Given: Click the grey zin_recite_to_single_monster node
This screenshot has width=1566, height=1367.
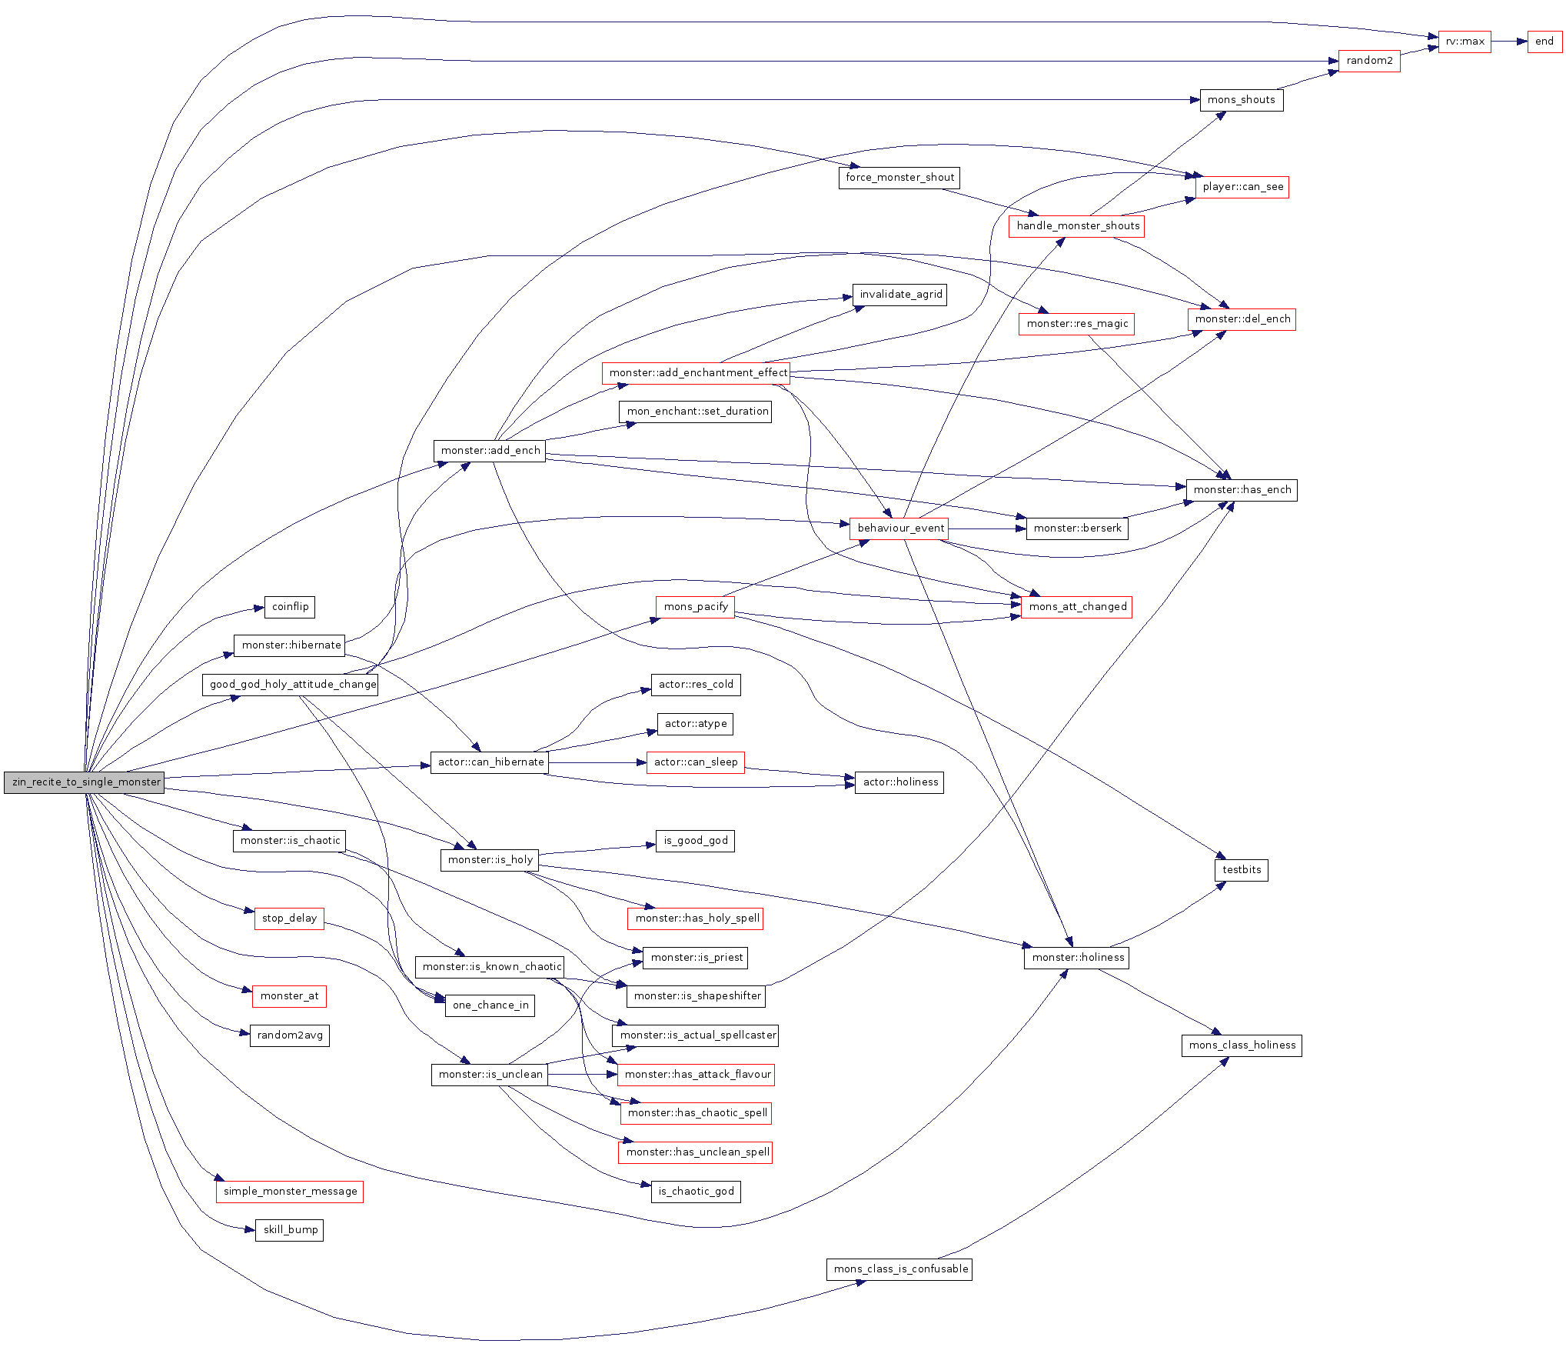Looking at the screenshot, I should pyautogui.click(x=84, y=782).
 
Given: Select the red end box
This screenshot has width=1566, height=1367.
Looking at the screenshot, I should pyautogui.click(x=1544, y=42).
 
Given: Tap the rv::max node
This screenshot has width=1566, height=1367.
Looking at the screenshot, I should pyautogui.click(x=1465, y=42).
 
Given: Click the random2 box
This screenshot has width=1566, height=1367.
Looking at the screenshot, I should pyautogui.click(x=1369, y=61).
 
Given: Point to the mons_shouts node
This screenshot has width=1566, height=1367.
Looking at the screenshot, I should pyautogui.click(x=1241, y=100).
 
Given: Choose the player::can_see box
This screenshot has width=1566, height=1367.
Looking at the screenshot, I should pyautogui.click(x=1242, y=187).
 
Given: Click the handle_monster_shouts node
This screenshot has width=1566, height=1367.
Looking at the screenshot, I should pyautogui.click(x=1076, y=226).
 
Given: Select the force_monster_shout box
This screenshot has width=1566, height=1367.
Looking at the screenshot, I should pyautogui.click(x=899, y=178).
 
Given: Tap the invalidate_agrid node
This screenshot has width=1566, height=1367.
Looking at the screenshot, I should pyautogui.click(x=899, y=295).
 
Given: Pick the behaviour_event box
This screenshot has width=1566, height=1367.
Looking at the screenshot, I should pyautogui.click(x=899, y=528).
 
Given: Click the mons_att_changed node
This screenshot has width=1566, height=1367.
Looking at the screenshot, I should pyautogui.click(x=1076, y=607).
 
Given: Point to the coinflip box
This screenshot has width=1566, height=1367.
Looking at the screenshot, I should pyautogui.click(x=289, y=607).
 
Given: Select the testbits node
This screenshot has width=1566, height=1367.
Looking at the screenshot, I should pyautogui.click(x=1241, y=870).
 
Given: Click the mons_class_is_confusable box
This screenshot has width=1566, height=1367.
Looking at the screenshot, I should pyautogui.click(x=899, y=1269).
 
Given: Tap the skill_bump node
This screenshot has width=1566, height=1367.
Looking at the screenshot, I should pyautogui.click(x=289, y=1230).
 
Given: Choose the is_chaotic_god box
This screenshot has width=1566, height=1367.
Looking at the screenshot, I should pyautogui.click(x=696, y=1192).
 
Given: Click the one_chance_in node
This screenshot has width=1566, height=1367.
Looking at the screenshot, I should pyautogui.click(x=490, y=1005).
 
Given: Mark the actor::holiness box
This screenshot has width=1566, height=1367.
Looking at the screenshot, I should pyautogui.click(x=899, y=782).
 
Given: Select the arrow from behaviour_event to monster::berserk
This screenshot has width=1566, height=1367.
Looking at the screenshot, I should pyautogui.click(x=987, y=528).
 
